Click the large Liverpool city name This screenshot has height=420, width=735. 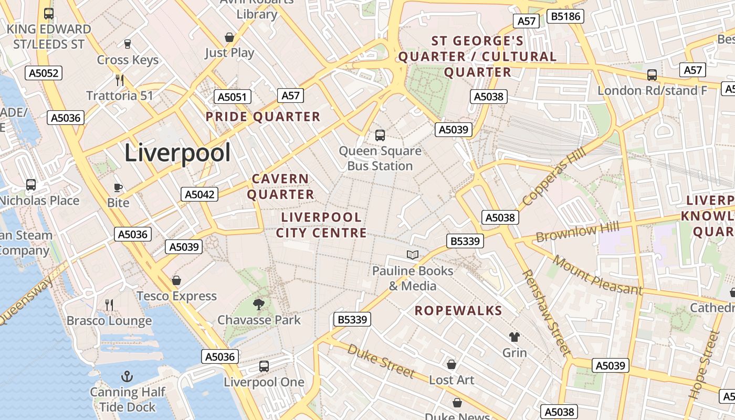(x=177, y=153)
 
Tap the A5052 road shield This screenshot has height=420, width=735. (x=44, y=73)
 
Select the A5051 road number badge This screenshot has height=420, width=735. (x=233, y=97)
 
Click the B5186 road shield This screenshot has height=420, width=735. (x=565, y=16)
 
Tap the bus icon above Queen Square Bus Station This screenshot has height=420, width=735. (x=380, y=135)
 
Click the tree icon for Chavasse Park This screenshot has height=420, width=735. (x=258, y=304)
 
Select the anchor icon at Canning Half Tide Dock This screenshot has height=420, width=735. (x=127, y=376)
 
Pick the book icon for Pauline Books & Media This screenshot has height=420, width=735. (x=413, y=255)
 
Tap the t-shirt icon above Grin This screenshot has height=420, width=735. (x=514, y=337)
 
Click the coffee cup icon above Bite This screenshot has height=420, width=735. (x=118, y=187)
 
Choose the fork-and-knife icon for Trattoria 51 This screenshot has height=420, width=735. (x=120, y=80)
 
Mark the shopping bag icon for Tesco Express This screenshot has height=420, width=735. (x=176, y=280)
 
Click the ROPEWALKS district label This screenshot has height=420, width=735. (x=458, y=311)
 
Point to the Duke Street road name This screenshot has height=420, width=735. (x=381, y=361)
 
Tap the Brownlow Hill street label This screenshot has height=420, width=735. (x=577, y=232)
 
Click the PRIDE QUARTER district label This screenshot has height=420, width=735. (x=262, y=117)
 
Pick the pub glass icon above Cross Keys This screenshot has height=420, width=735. (x=128, y=44)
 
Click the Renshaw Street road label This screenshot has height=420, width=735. (x=546, y=313)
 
